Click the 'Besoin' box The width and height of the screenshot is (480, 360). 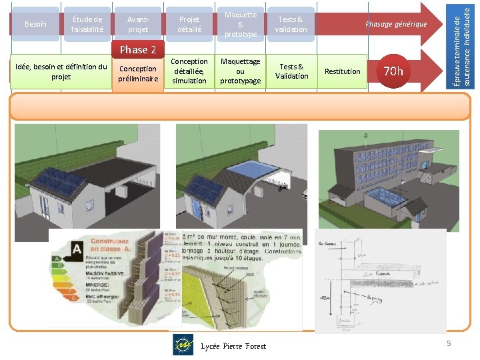(x=35, y=25)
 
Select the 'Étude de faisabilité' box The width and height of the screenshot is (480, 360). (x=87, y=25)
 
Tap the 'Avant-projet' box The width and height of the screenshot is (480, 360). (x=138, y=25)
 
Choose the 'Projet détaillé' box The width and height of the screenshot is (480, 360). (x=189, y=25)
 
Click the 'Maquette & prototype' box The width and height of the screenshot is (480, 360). (x=240, y=25)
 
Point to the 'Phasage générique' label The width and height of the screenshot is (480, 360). (x=395, y=24)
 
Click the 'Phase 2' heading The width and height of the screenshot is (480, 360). (x=138, y=50)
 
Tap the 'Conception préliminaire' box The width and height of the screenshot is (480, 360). (x=138, y=73)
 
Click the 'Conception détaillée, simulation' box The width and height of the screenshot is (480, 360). (x=189, y=71)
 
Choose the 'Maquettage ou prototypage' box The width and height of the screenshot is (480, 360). (x=240, y=71)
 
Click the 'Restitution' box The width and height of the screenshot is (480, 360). (x=342, y=71)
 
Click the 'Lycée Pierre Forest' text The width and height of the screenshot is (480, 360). (x=233, y=346)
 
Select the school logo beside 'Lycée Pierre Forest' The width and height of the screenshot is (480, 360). (x=183, y=345)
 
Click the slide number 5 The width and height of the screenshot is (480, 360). (x=449, y=343)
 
